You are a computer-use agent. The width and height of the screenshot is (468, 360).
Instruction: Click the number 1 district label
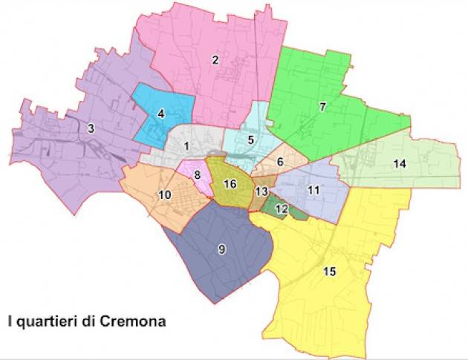click(x=187, y=146)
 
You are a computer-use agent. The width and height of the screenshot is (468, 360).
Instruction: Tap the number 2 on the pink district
click(x=215, y=60)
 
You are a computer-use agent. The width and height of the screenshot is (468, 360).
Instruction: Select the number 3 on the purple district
click(x=91, y=129)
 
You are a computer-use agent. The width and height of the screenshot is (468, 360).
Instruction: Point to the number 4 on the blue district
click(x=160, y=114)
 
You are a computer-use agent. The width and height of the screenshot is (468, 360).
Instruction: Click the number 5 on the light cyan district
click(x=251, y=140)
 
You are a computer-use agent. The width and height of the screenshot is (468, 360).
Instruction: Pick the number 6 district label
click(x=279, y=162)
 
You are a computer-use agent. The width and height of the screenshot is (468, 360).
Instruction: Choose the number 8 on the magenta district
click(x=197, y=175)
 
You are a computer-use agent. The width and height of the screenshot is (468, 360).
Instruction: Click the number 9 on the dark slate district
click(x=221, y=249)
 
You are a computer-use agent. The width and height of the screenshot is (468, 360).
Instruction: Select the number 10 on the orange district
click(x=165, y=195)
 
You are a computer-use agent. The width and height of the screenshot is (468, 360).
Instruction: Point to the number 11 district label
click(x=313, y=191)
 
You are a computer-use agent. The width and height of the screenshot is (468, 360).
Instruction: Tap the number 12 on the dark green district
click(x=281, y=210)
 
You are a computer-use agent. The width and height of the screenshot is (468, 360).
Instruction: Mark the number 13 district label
click(x=261, y=192)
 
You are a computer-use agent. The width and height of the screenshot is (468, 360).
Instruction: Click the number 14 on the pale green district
click(x=400, y=164)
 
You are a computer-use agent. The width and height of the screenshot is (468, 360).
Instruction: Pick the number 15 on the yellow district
click(x=331, y=272)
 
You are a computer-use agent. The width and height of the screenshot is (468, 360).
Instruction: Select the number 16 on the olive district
click(x=230, y=184)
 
